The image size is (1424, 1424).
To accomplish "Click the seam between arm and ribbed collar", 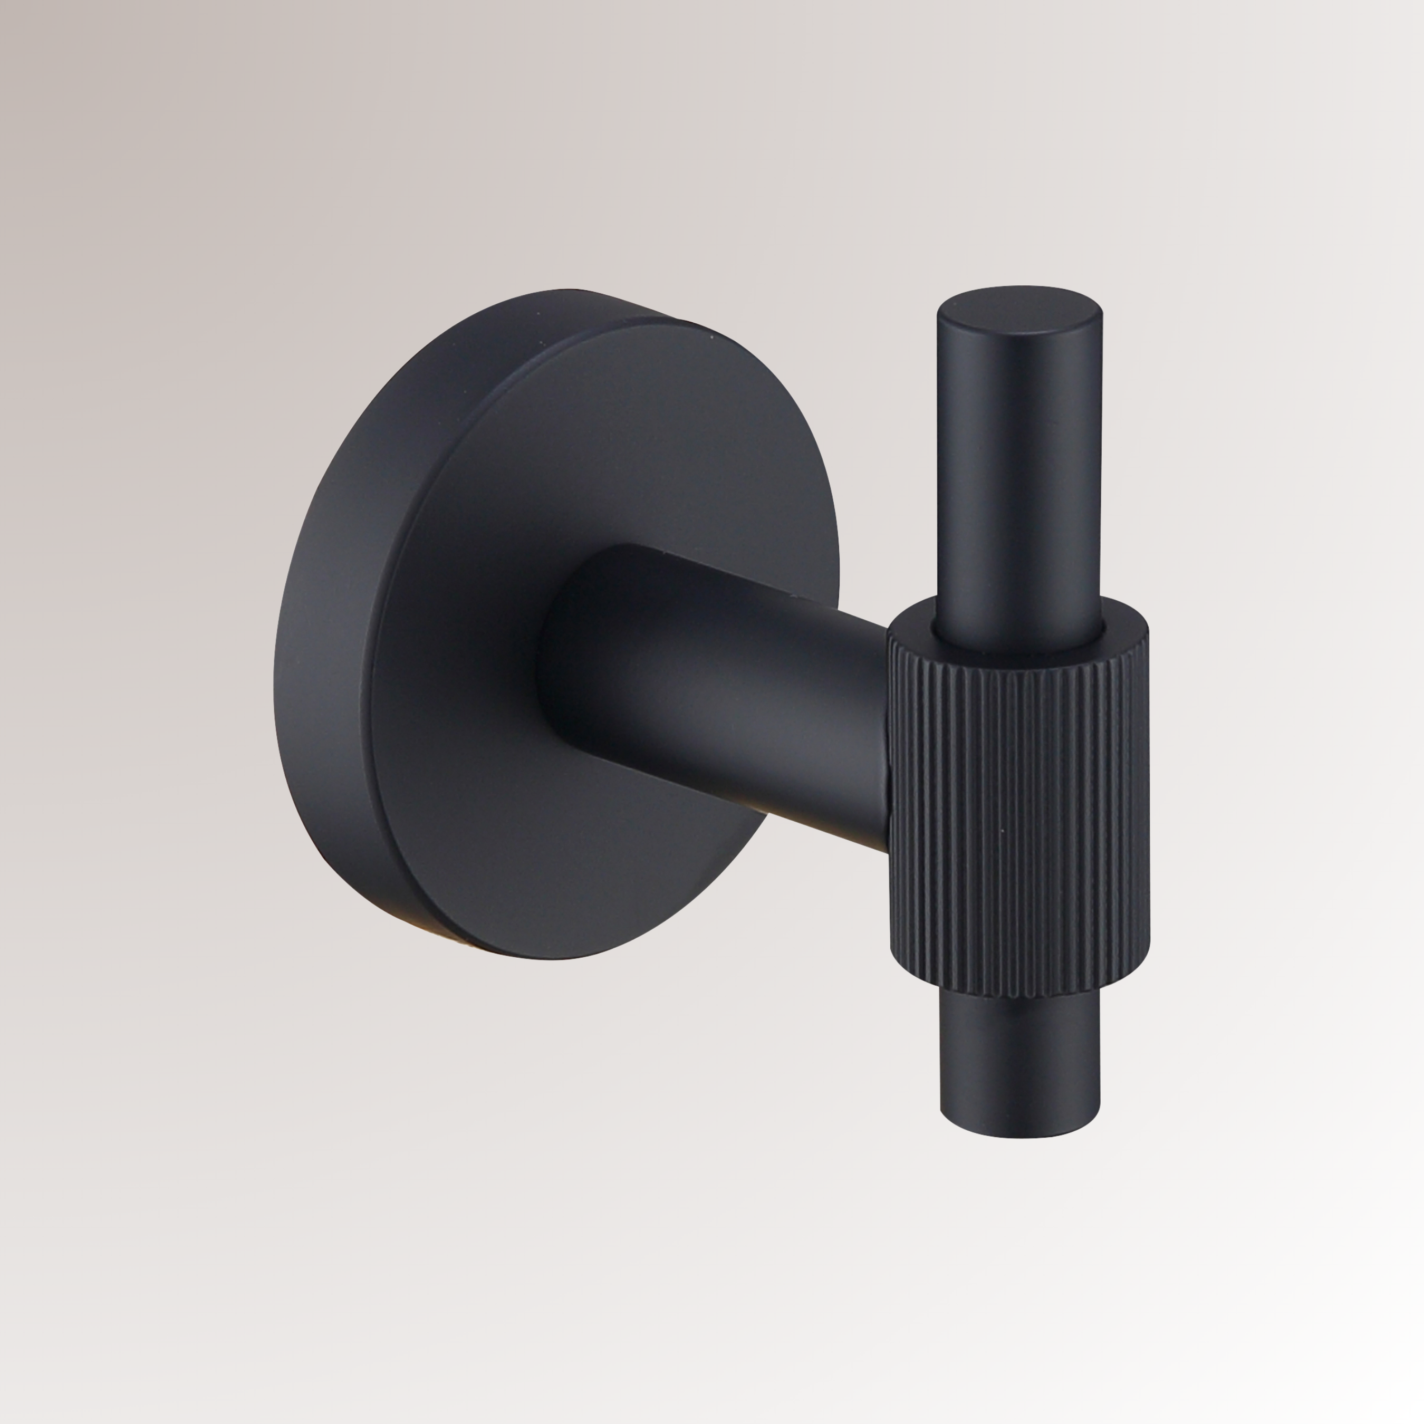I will [x=890, y=737].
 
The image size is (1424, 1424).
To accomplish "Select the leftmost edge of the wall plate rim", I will [x=275, y=663].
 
